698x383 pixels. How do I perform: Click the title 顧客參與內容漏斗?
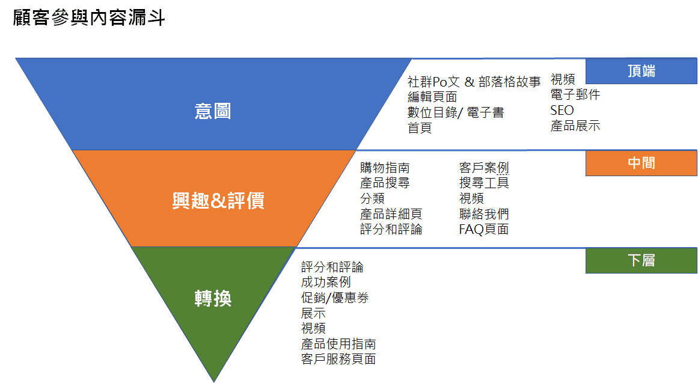(89, 18)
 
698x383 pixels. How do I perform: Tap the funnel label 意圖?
(213, 111)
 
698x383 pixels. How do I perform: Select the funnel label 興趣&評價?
(218, 200)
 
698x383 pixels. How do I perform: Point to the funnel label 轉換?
(213, 298)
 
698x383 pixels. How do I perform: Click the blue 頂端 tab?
(641, 71)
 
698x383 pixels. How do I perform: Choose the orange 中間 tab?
(641, 163)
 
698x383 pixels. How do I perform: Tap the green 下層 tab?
(641, 260)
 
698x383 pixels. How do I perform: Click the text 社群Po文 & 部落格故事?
(474, 82)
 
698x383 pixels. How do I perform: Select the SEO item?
(562, 110)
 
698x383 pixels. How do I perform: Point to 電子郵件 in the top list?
(575, 94)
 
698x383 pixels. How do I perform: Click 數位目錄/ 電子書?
(456, 112)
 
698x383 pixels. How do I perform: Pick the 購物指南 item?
(385, 168)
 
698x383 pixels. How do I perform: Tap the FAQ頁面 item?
(484, 229)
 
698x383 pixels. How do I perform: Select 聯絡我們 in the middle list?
(484, 214)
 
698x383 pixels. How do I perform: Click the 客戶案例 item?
(484, 168)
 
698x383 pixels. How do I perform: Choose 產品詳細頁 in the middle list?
(391, 214)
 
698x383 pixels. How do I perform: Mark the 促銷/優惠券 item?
(335, 298)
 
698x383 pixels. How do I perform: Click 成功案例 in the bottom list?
(326, 282)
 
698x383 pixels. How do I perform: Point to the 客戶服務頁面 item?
(338, 359)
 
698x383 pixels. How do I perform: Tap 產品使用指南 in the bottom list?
(338, 344)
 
